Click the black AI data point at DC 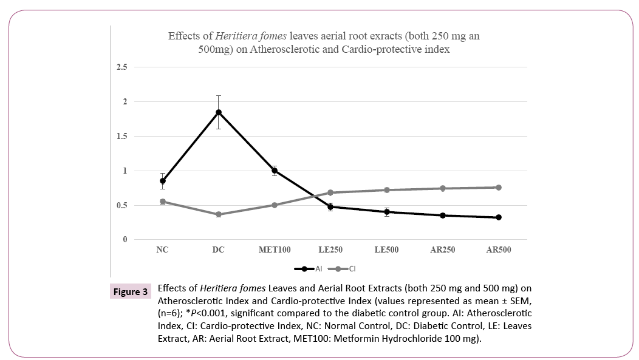coord(219,112)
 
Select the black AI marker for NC coord(163,181)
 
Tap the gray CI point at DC coord(219,214)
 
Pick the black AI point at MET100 coord(275,171)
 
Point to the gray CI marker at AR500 coord(499,188)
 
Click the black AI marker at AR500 coord(499,217)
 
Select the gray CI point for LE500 coord(386,190)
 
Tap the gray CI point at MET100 coord(275,205)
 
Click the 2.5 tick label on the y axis coord(122,67)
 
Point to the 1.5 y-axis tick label coord(122,136)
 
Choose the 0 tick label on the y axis coord(125,240)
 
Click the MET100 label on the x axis coord(275,250)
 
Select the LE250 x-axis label coord(330,250)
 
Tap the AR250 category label coord(442,250)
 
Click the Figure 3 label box coord(131,292)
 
